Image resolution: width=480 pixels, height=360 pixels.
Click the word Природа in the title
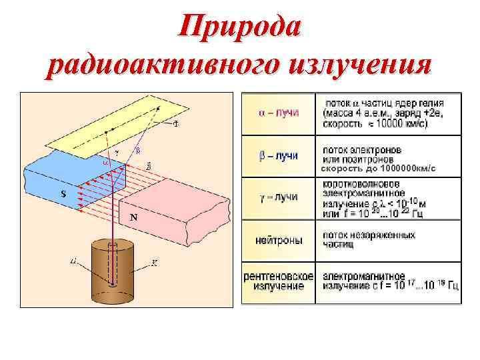coord(240,29)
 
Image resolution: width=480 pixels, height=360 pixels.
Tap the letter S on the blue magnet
coord(62,194)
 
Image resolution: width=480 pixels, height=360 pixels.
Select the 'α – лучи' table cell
coord(279,113)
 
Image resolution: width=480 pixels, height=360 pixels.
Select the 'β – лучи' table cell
coord(279,155)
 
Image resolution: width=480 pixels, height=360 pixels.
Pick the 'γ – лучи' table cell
coord(279,197)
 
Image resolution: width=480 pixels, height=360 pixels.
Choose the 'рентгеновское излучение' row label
coord(279,280)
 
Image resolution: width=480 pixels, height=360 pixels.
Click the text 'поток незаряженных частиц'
coord(369,240)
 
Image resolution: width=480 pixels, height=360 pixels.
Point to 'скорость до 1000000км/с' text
coord(379,169)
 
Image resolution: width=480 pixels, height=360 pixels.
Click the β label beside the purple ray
coord(138,149)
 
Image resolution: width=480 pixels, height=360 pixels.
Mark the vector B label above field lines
coord(147,165)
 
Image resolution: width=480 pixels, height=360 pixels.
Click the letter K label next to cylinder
coord(155,263)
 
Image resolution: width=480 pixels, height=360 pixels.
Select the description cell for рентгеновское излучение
coord(390,281)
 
